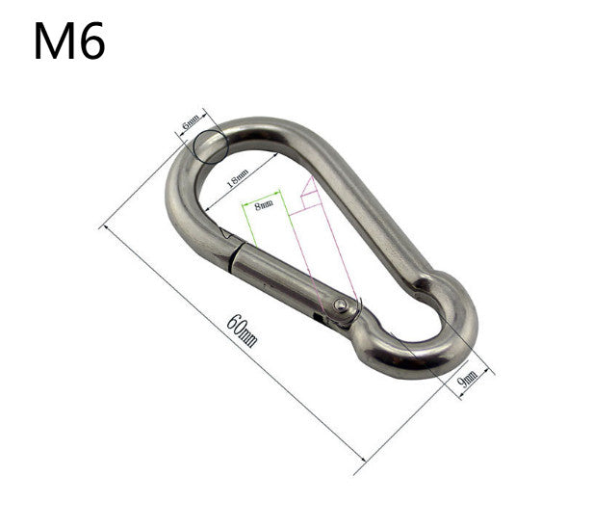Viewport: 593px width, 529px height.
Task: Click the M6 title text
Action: (69, 40)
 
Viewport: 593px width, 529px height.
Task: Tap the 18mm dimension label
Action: (237, 178)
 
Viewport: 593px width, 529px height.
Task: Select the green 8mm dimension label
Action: (264, 205)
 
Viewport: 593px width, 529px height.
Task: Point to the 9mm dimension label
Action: (468, 379)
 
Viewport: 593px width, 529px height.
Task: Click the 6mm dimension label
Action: (191, 121)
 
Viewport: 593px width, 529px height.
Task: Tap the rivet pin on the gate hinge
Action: (341, 304)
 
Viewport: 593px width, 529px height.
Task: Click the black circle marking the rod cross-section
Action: (211, 146)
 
